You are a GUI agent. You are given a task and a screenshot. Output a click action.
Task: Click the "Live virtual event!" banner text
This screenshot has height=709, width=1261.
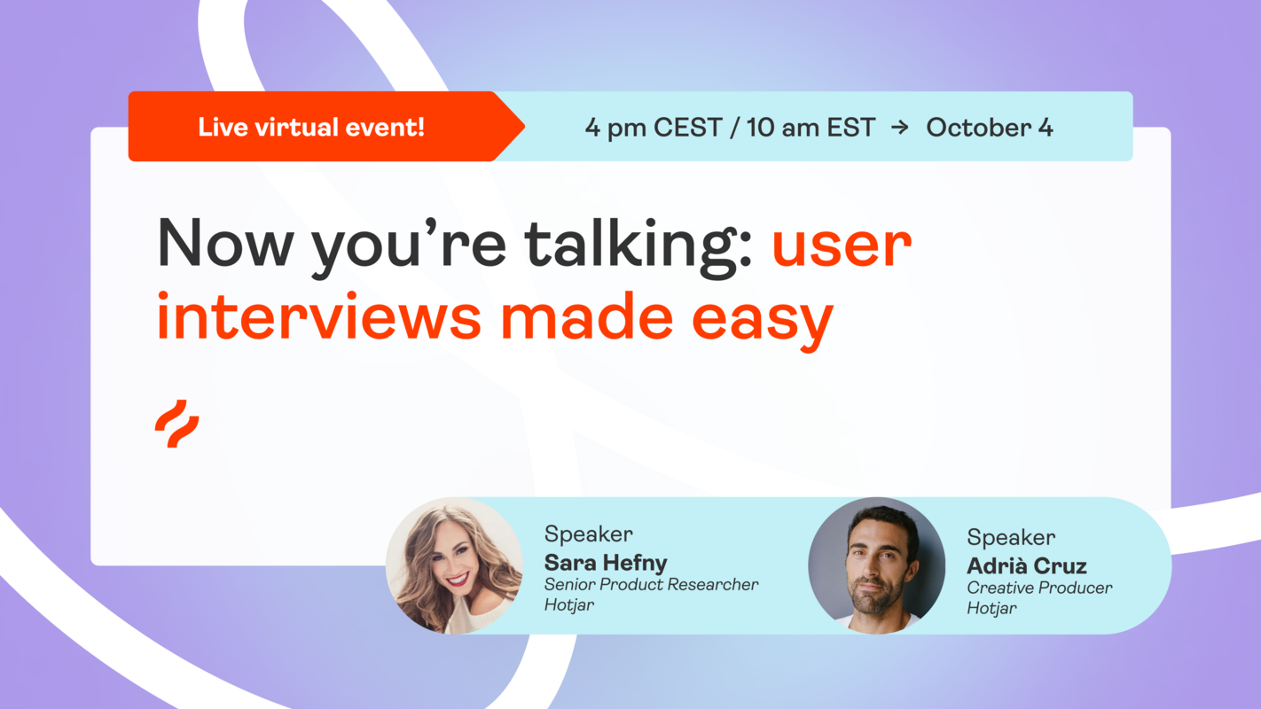click(x=311, y=128)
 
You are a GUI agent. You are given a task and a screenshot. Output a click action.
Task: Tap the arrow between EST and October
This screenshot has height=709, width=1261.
click(x=900, y=128)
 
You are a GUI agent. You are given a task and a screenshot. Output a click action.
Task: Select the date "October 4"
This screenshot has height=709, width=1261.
click(x=990, y=128)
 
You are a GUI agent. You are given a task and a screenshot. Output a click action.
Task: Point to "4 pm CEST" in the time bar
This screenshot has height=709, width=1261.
click(x=641, y=128)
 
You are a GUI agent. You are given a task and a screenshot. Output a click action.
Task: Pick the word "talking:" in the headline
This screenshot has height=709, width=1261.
click(x=638, y=245)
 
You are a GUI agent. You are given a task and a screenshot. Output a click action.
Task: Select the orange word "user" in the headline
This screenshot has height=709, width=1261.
click(x=842, y=245)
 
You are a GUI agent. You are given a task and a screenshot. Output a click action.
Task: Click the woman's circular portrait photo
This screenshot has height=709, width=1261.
click(x=454, y=565)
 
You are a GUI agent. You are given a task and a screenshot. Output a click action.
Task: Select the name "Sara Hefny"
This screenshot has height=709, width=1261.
click(x=606, y=562)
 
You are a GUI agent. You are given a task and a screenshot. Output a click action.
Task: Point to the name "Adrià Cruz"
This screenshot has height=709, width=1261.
click(x=1027, y=565)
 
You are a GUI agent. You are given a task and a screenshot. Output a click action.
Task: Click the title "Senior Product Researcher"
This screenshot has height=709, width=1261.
click(x=652, y=585)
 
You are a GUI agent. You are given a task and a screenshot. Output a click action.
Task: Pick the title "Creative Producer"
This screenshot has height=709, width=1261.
click(x=1039, y=588)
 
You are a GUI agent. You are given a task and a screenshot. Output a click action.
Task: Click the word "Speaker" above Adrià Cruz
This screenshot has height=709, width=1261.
click(x=1011, y=538)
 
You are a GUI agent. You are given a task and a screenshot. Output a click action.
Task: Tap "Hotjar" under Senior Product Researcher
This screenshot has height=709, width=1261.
click(x=569, y=605)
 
